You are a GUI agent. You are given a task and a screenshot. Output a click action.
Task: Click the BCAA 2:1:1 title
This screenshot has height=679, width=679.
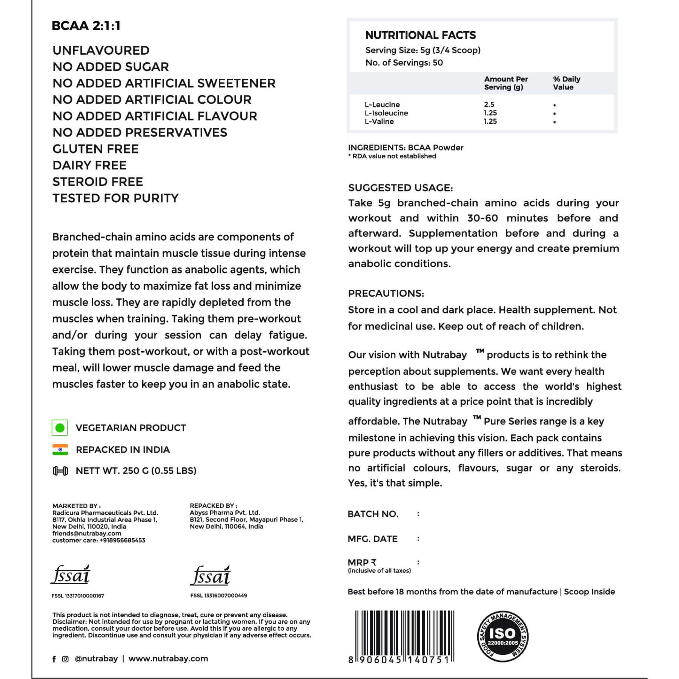click(x=86, y=26)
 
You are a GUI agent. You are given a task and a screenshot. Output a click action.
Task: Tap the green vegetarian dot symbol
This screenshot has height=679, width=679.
click(x=60, y=428)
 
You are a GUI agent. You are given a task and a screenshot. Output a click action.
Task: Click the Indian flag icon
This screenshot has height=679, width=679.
click(x=60, y=450)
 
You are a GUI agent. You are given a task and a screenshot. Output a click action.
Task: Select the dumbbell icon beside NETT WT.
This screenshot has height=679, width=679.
click(x=60, y=471)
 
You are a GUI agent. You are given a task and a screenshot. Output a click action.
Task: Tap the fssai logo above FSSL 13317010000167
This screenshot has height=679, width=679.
click(x=71, y=575)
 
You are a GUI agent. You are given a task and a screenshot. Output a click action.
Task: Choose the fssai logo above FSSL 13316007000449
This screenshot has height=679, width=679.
click(x=210, y=576)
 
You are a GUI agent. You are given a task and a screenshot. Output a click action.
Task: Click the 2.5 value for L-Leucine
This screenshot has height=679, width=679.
click(x=489, y=104)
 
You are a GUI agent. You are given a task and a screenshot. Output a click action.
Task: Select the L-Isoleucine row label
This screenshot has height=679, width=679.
click(x=386, y=113)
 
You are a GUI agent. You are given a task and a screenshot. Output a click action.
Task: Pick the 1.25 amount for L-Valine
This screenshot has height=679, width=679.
click(x=490, y=121)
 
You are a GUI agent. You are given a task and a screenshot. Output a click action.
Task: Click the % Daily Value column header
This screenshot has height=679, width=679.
click(x=566, y=83)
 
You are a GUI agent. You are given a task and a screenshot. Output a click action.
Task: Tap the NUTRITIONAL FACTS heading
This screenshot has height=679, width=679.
click(x=421, y=35)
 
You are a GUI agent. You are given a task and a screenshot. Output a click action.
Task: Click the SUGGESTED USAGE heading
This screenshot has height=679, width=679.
click(x=400, y=188)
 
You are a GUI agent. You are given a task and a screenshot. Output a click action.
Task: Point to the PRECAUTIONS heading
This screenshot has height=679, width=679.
click(x=386, y=293)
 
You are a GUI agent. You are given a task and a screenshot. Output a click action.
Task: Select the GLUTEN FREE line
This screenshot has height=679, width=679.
click(x=95, y=149)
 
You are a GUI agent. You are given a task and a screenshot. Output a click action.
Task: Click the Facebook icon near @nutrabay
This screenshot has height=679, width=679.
click(x=54, y=659)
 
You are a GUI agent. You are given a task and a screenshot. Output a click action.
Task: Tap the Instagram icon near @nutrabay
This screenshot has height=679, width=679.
click(x=65, y=659)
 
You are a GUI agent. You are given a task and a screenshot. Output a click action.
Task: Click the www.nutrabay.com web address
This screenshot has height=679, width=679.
click(x=168, y=659)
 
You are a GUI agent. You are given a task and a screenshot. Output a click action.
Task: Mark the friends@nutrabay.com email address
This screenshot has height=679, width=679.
click(x=87, y=533)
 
